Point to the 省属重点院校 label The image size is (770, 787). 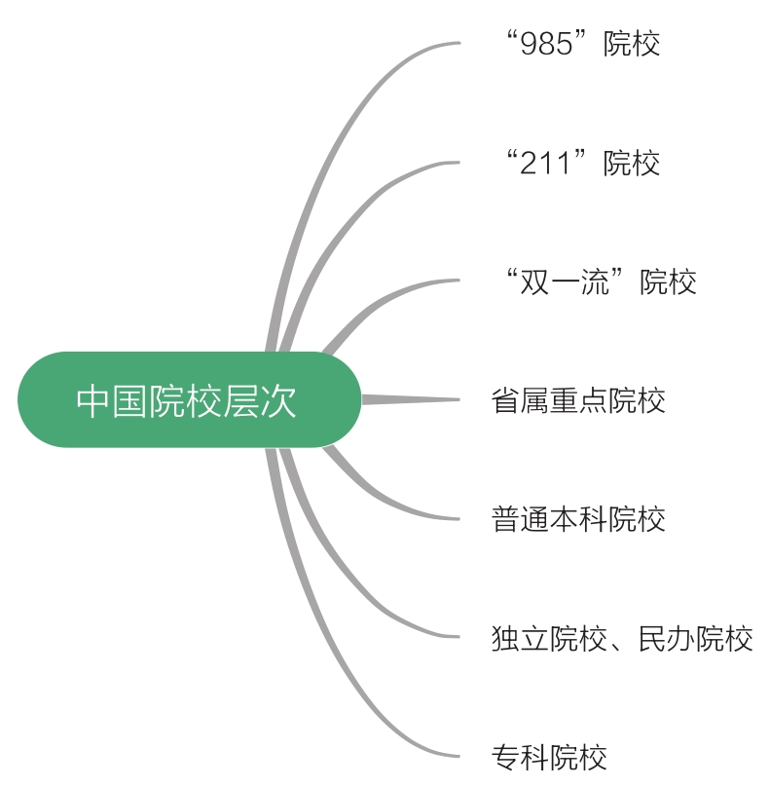pos(578,400)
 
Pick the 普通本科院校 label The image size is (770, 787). pos(578,519)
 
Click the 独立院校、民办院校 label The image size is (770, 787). pos(622,639)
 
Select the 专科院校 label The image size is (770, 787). pos(549,757)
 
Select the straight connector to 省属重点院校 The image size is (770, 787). pos(409,399)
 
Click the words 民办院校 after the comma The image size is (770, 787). pos(695,639)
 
